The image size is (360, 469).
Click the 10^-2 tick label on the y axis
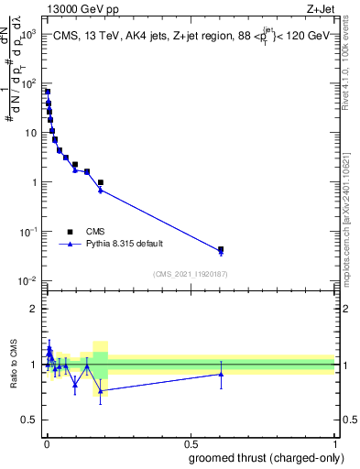tap(29, 280)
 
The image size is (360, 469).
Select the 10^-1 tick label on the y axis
tap(29, 231)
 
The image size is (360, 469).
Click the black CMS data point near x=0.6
tap(221, 249)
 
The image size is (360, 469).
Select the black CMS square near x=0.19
tap(101, 182)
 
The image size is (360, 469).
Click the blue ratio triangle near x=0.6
tap(221, 374)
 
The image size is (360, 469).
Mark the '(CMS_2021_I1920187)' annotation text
tap(191, 274)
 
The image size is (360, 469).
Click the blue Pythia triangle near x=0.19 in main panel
tap(101, 190)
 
